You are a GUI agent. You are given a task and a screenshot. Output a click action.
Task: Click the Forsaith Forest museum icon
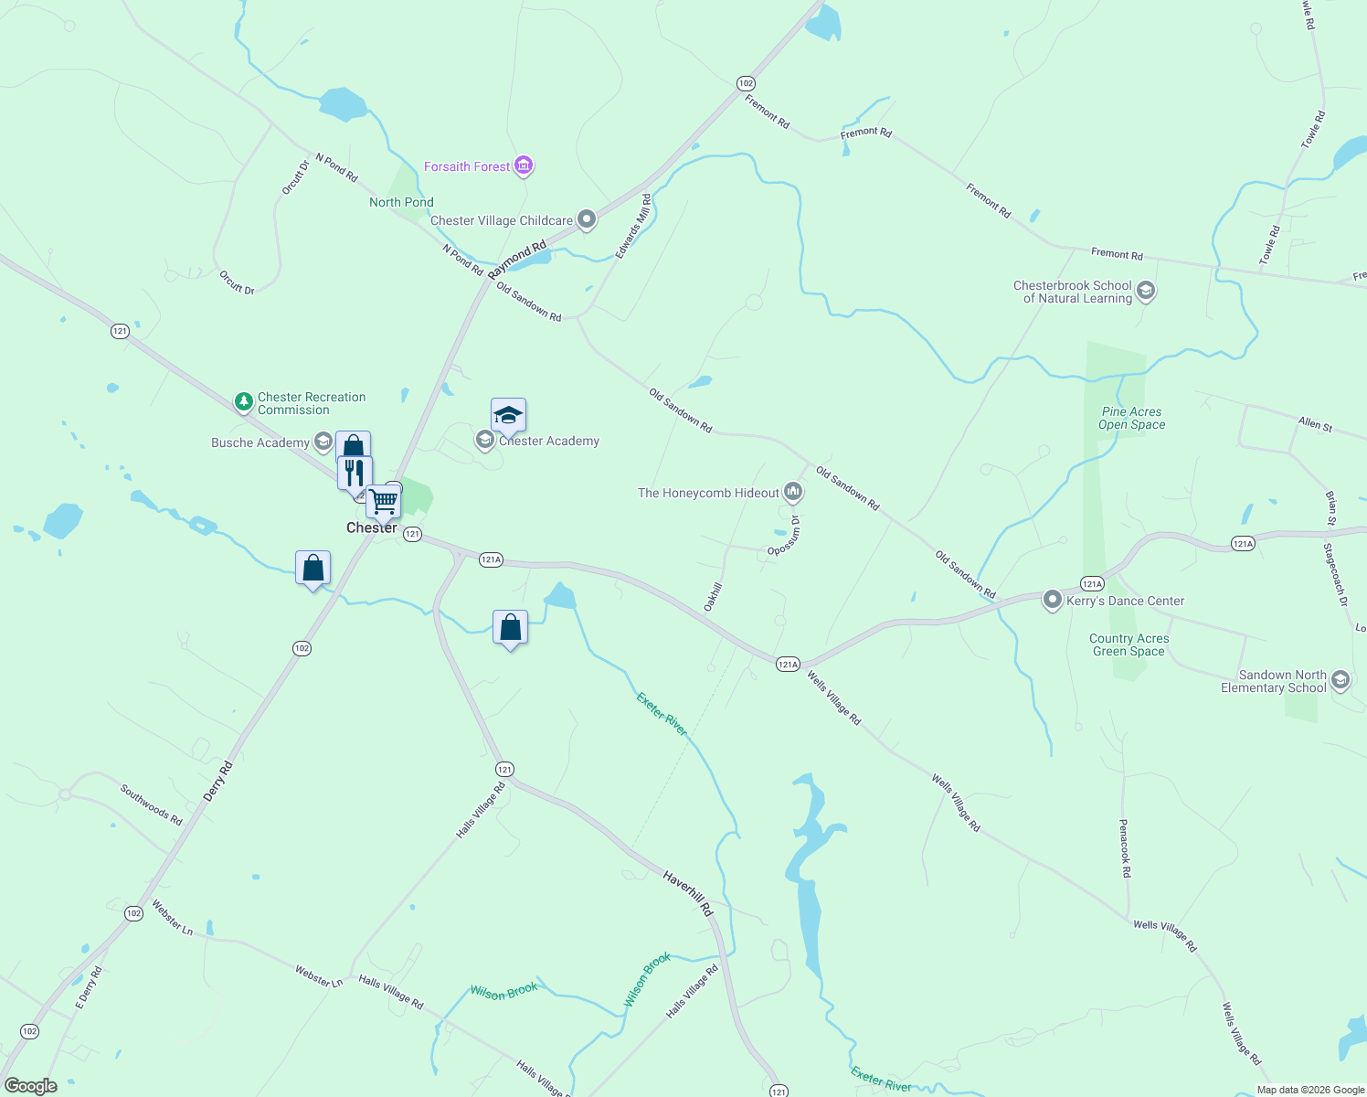[524, 165]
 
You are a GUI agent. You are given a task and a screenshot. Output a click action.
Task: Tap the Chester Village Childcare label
[502, 220]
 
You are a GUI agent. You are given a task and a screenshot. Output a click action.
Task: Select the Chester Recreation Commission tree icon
[243, 401]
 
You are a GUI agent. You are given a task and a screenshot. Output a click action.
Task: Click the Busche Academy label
[260, 442]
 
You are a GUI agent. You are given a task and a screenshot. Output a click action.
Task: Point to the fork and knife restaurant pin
[355, 474]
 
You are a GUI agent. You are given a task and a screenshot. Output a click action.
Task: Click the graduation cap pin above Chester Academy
[508, 416]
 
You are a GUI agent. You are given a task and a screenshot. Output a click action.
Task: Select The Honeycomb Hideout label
[708, 493]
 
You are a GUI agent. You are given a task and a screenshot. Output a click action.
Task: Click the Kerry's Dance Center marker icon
[1052, 601]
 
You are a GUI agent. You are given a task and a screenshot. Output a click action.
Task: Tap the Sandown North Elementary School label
[1273, 681]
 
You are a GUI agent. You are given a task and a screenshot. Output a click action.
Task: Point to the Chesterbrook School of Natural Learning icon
[1146, 292]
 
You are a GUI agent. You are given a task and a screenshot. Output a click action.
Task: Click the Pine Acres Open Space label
[1131, 418]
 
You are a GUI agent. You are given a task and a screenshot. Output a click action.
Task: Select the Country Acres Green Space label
[1129, 644]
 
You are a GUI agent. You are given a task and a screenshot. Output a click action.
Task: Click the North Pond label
[401, 202]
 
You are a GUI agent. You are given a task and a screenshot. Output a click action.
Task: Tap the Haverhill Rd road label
[687, 893]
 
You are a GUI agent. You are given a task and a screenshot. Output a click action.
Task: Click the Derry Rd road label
[218, 782]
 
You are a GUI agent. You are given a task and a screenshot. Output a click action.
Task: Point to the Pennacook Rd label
[1125, 848]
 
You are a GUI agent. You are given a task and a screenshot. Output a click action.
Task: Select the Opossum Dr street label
[784, 536]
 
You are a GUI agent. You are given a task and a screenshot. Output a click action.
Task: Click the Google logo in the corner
[31, 1086]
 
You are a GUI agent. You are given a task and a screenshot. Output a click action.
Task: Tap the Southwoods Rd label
[152, 804]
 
